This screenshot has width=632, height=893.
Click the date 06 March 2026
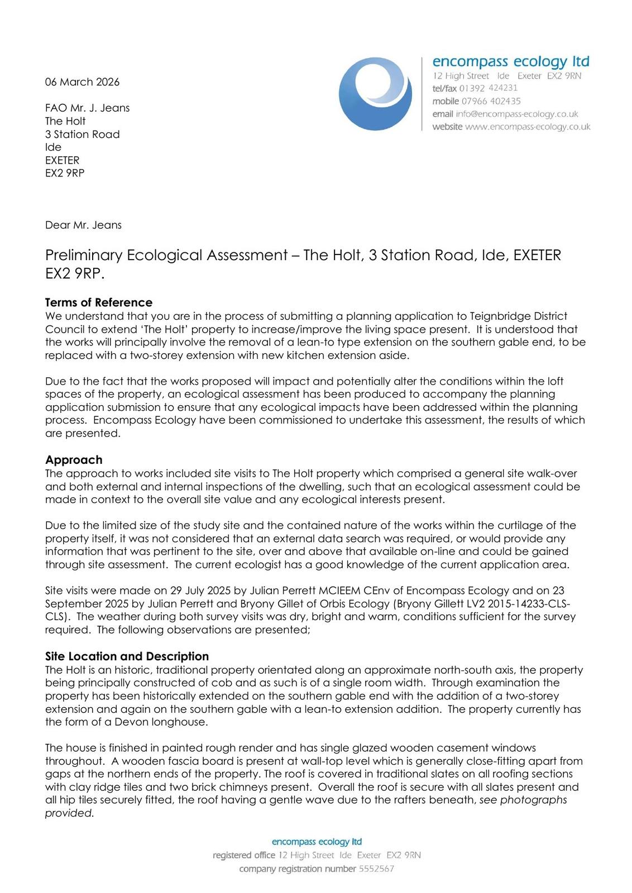pyautogui.click(x=82, y=82)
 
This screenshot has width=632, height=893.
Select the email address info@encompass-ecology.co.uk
pyautogui.click(x=516, y=114)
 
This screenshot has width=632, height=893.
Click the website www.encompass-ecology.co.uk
pyautogui.click(x=528, y=127)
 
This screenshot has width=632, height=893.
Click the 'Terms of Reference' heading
pyautogui.click(x=99, y=303)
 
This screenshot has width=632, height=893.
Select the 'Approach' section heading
pyautogui.click(x=74, y=460)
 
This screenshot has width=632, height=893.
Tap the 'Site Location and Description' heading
pyautogui.click(x=127, y=656)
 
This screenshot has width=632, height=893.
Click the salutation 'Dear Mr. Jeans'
pyautogui.click(x=83, y=225)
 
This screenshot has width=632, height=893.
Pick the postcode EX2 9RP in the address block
pyautogui.click(x=65, y=173)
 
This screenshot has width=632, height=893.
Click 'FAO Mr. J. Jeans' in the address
pyautogui.click(x=87, y=108)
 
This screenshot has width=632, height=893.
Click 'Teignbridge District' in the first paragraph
pyautogui.click(x=516, y=316)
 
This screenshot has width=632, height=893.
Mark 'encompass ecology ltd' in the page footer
pyautogui.click(x=317, y=842)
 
